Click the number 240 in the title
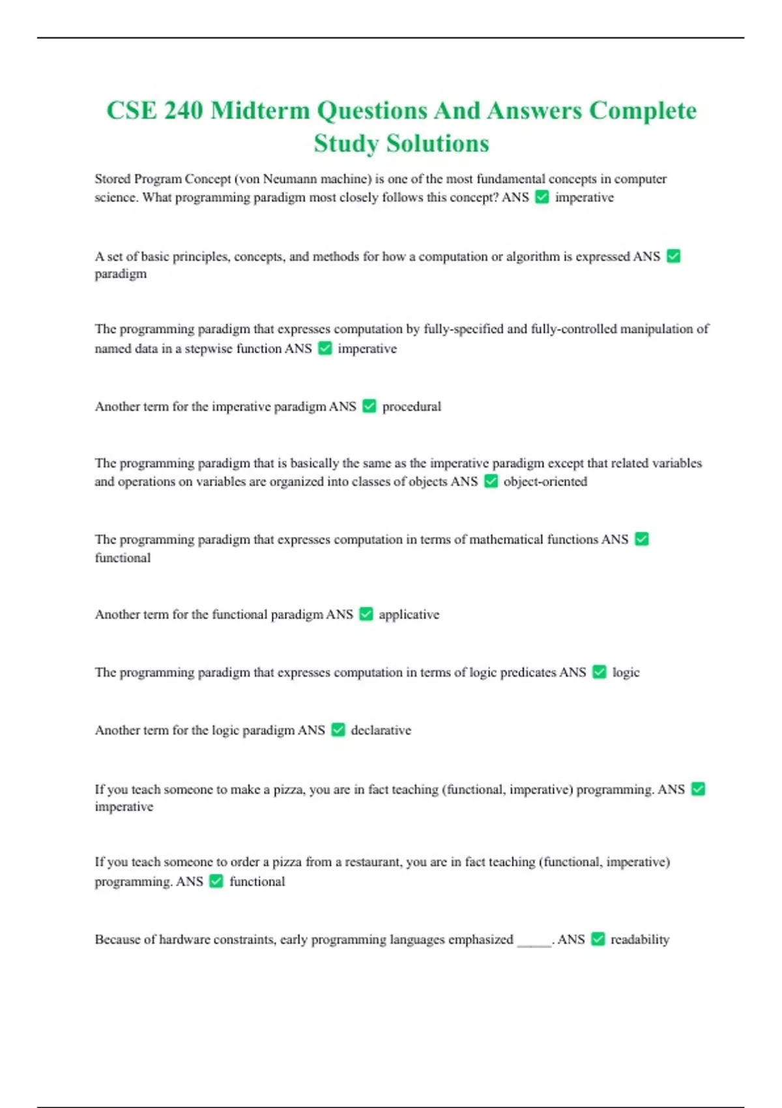coord(183,110)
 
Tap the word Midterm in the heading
coord(260,110)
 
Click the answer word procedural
coord(411,407)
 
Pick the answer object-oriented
coord(545,482)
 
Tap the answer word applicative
coord(409,615)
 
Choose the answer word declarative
coord(381,731)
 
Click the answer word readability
coord(639,940)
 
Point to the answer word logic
coord(626,673)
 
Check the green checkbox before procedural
coord(369,407)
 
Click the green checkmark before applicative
coord(366,614)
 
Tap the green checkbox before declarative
coord(338,730)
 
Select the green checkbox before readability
coord(598,939)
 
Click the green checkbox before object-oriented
coord(491,481)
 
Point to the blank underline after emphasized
coord(534,942)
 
